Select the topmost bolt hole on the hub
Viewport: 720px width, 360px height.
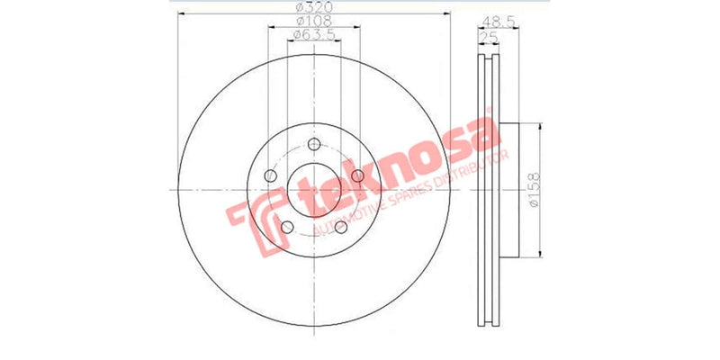tap(313, 147)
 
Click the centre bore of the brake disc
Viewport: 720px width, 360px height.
tap(313, 191)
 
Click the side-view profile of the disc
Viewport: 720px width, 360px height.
tap(489, 189)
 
